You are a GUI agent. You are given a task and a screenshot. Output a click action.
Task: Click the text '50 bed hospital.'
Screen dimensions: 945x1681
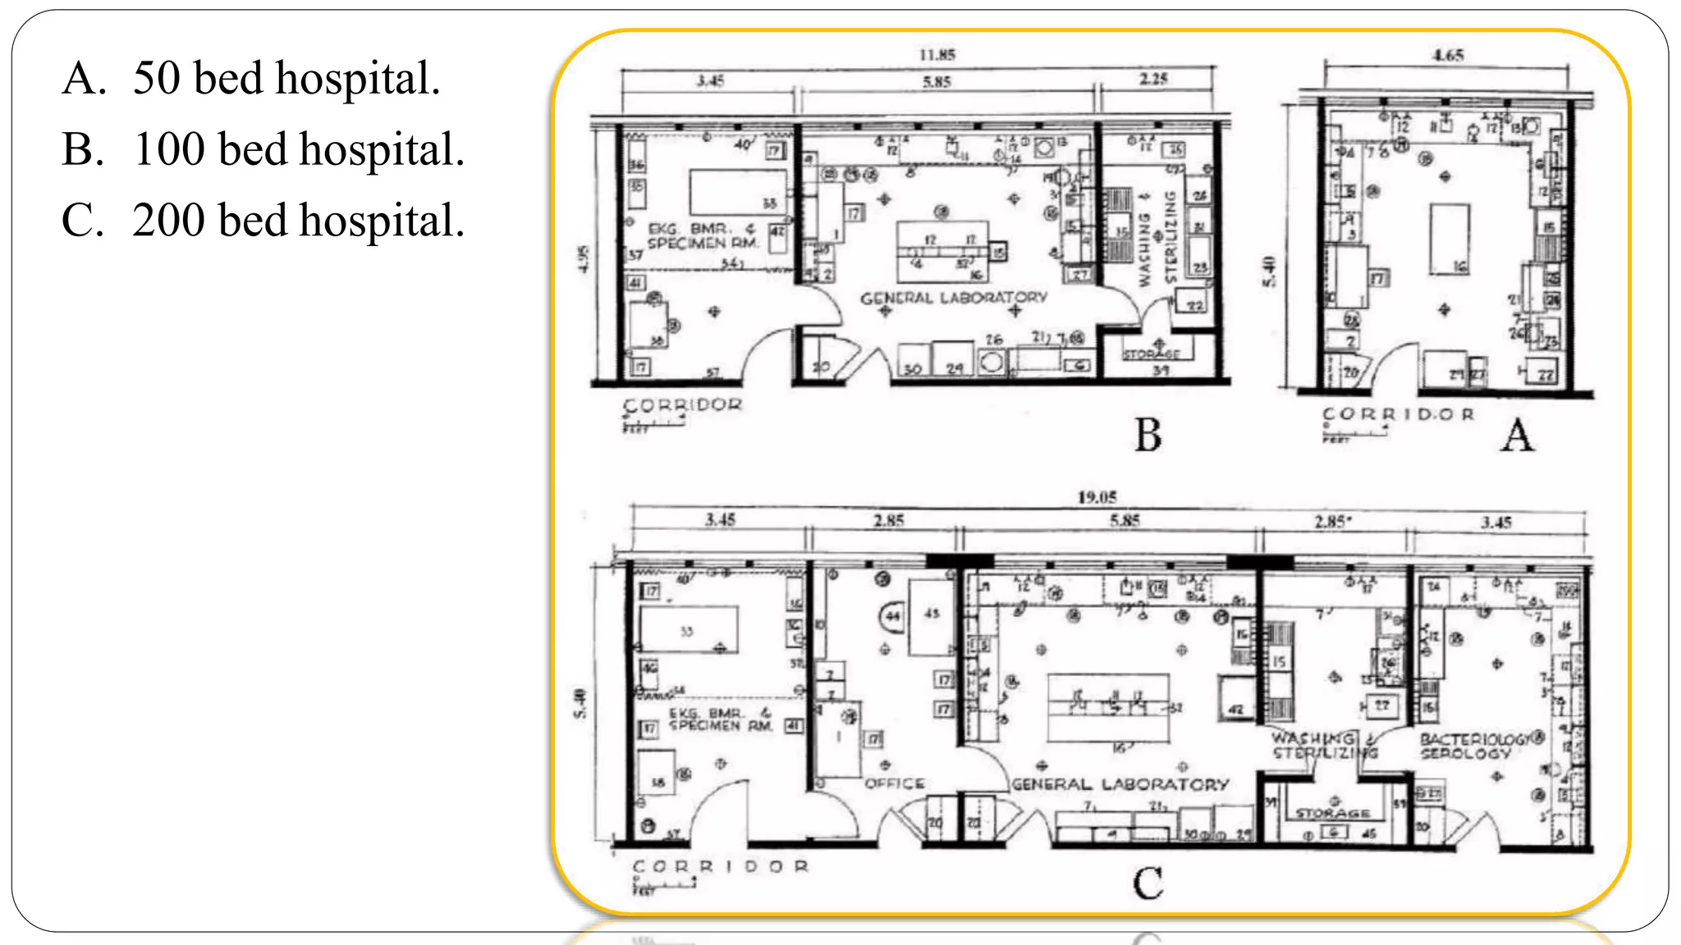[286, 79]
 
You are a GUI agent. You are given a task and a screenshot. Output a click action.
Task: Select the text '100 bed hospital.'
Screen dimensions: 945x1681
[299, 150]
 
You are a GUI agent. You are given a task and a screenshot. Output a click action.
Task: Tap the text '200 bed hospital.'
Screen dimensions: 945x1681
[299, 221]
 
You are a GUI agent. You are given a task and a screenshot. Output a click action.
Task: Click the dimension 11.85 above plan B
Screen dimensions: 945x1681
[937, 55]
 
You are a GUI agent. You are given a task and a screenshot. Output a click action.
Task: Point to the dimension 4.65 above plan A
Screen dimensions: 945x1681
[1448, 55]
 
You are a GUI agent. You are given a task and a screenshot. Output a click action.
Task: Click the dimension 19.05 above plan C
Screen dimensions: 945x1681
[1097, 497]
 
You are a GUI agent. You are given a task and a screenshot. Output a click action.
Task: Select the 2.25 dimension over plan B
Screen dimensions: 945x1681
[1153, 79]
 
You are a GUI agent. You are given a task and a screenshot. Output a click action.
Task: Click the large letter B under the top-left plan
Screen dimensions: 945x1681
[1148, 435]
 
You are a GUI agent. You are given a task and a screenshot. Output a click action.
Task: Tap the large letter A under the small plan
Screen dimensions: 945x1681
[1517, 435]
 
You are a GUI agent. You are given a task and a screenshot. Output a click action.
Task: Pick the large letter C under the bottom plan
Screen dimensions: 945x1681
[1147, 883]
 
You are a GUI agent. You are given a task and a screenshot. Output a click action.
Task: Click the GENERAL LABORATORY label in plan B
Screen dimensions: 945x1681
[954, 298]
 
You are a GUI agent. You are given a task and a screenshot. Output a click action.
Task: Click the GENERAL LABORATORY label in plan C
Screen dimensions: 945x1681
[1120, 784]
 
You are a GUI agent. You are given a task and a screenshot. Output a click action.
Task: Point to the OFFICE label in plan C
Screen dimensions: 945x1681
[894, 783]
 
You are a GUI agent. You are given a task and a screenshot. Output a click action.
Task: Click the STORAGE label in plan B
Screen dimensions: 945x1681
[1152, 354]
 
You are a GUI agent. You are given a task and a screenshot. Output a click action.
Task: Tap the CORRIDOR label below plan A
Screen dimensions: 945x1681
[1398, 414]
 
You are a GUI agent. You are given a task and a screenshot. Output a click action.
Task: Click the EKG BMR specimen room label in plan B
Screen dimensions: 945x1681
[702, 236]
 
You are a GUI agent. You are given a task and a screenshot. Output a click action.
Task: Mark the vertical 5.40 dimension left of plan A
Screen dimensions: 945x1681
[1269, 272]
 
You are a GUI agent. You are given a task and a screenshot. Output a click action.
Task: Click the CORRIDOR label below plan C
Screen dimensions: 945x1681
[720, 866]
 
